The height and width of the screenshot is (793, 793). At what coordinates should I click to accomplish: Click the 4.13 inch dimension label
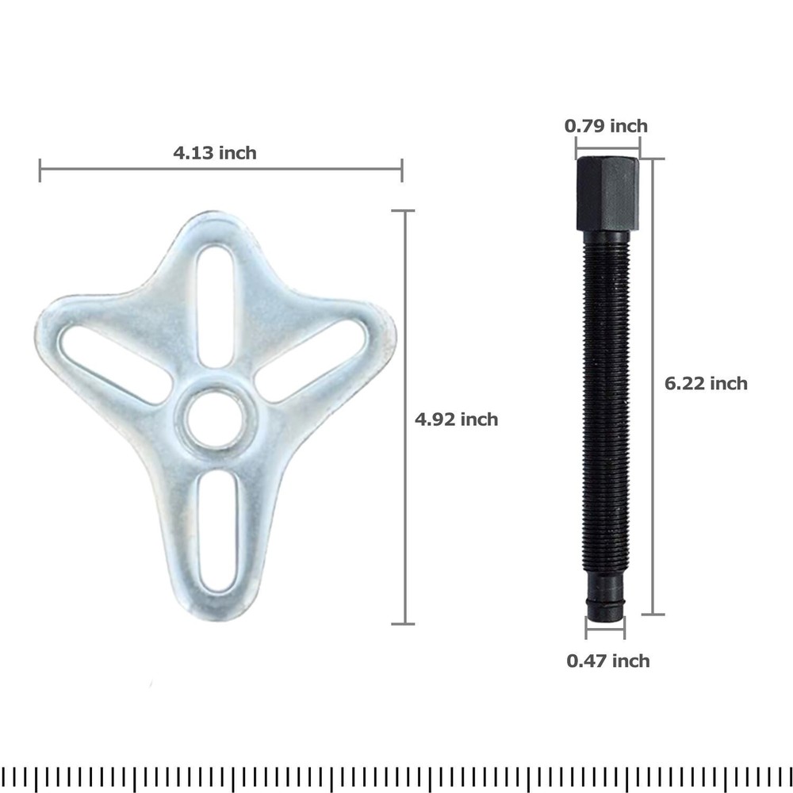[215, 153]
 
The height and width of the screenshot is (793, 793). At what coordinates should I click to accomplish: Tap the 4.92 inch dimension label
[456, 419]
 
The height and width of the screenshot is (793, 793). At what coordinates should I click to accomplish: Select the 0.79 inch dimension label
[606, 126]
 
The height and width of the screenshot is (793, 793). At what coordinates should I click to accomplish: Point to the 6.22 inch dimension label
[706, 383]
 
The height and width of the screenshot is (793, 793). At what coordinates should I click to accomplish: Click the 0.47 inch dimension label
[608, 661]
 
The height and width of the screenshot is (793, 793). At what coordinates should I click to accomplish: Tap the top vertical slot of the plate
[216, 306]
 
